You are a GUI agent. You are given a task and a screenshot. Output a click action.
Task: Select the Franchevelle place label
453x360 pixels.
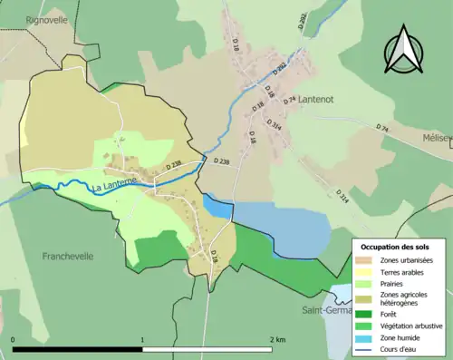(x=68, y=257)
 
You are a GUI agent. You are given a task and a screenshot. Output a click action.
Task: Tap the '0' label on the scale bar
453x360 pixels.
(x=14, y=338)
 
